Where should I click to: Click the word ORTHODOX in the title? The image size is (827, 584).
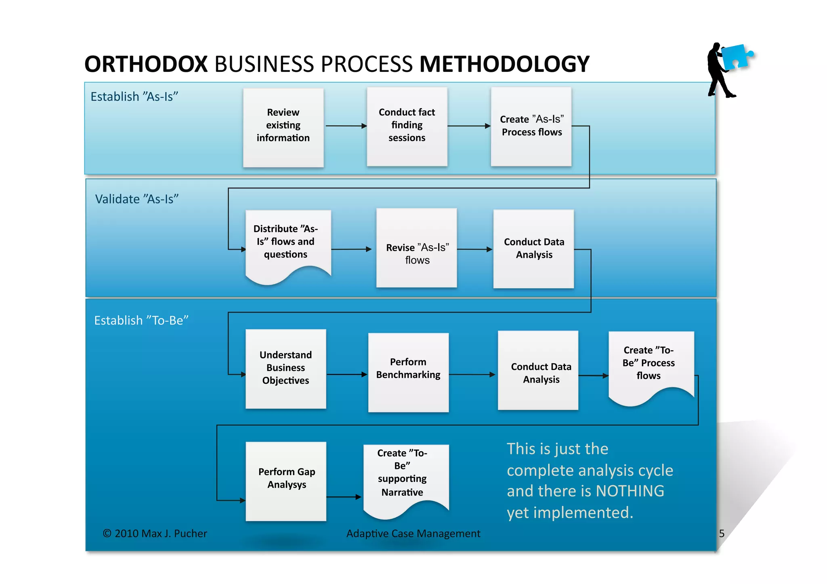146,64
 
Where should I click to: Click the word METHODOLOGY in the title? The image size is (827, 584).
504,64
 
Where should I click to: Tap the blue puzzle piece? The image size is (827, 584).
736,57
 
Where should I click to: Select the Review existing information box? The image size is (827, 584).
283,127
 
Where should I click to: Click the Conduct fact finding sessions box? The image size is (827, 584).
407,126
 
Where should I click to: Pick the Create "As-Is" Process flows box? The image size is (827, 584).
531,126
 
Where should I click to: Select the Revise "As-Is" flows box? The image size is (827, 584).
416,248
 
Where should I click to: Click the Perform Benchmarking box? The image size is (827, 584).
408,372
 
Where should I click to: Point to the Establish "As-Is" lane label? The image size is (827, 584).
134,97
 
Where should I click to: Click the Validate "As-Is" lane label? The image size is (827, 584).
136,199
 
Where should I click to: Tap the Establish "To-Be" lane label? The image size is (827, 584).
141,320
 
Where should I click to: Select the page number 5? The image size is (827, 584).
722,534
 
